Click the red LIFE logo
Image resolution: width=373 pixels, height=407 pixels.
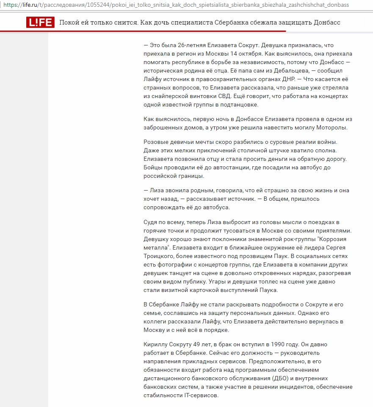click(x=40, y=22)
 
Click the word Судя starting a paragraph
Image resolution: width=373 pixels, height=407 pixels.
click(x=151, y=222)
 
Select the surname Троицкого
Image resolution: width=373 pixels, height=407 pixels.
click(x=158, y=256)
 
